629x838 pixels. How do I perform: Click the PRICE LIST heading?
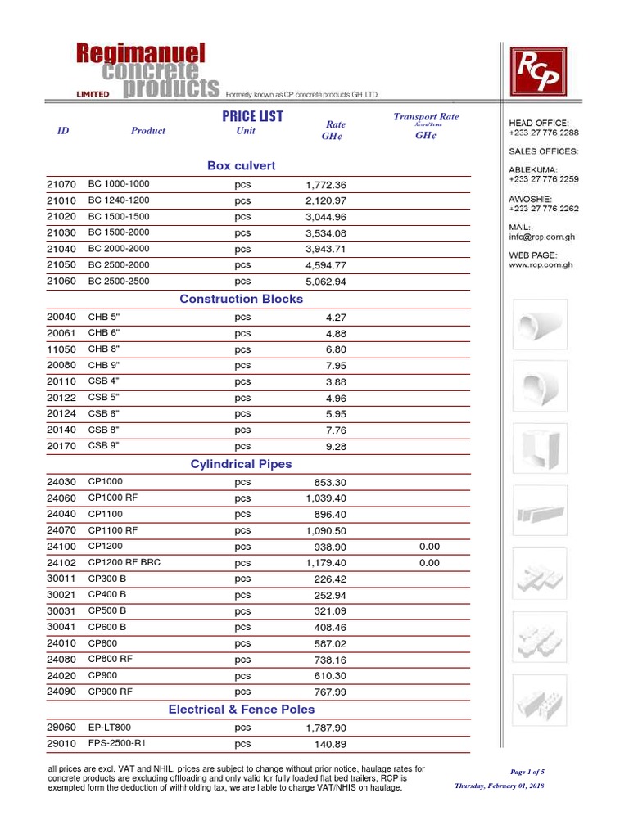pyautogui.click(x=252, y=117)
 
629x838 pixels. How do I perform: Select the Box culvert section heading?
pyautogui.click(x=242, y=166)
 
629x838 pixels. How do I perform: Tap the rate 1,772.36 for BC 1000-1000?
pyautogui.click(x=326, y=185)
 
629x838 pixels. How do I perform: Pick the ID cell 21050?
pyautogui.click(x=61, y=265)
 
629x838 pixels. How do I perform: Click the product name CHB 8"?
pyautogui.click(x=105, y=349)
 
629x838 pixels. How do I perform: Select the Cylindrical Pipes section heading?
pyautogui.click(x=241, y=464)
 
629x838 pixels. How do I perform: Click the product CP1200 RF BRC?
pyautogui.click(x=124, y=562)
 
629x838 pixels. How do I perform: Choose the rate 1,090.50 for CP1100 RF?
pyautogui.click(x=326, y=530)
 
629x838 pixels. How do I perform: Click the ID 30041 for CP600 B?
pyautogui.click(x=61, y=627)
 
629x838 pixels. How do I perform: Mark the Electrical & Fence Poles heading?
pyautogui.click(x=242, y=710)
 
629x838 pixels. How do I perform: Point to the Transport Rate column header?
pyautogui.click(x=426, y=117)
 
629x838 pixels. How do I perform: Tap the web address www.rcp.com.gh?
pyautogui.click(x=541, y=265)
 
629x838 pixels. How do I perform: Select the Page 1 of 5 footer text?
pyautogui.click(x=527, y=772)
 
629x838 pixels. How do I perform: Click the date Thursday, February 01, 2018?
pyautogui.click(x=500, y=786)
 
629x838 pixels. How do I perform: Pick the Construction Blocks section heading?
pyautogui.click(x=242, y=299)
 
